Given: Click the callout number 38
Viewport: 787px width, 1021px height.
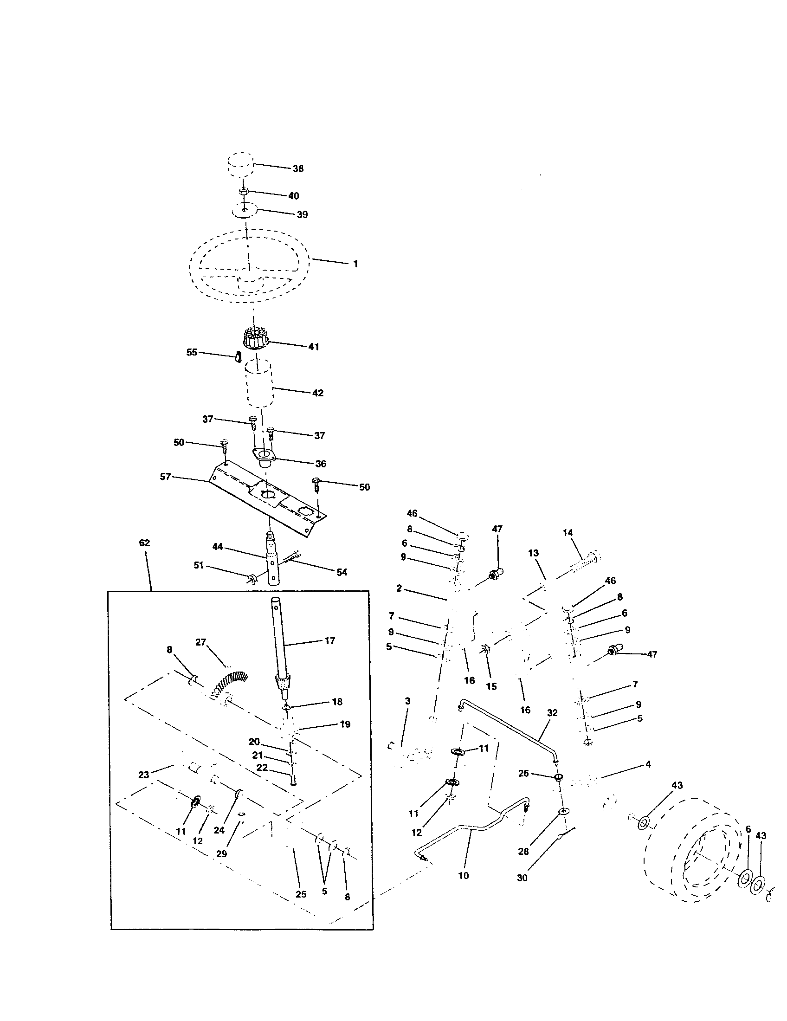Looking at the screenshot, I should [x=298, y=169].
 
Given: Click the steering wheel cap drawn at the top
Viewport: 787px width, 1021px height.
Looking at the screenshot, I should [x=240, y=165].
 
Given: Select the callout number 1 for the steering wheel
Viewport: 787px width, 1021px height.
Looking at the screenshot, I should [x=355, y=264].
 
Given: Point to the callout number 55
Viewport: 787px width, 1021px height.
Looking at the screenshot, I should [x=192, y=353].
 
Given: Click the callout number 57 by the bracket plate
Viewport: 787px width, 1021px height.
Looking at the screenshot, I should [x=165, y=477].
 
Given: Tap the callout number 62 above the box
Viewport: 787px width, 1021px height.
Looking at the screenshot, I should [x=145, y=543].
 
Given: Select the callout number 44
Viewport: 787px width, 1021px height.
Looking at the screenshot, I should [x=218, y=546].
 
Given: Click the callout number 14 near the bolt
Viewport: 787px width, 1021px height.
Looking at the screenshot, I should [x=568, y=532].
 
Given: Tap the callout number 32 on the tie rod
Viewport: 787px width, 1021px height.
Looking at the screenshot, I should [x=552, y=713].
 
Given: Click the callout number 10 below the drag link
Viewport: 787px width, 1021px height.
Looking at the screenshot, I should [x=464, y=875].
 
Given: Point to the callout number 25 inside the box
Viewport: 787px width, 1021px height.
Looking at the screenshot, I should [x=301, y=894].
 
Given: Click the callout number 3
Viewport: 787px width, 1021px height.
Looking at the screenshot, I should [x=407, y=701].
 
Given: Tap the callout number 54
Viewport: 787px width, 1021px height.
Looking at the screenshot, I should [x=342, y=572].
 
